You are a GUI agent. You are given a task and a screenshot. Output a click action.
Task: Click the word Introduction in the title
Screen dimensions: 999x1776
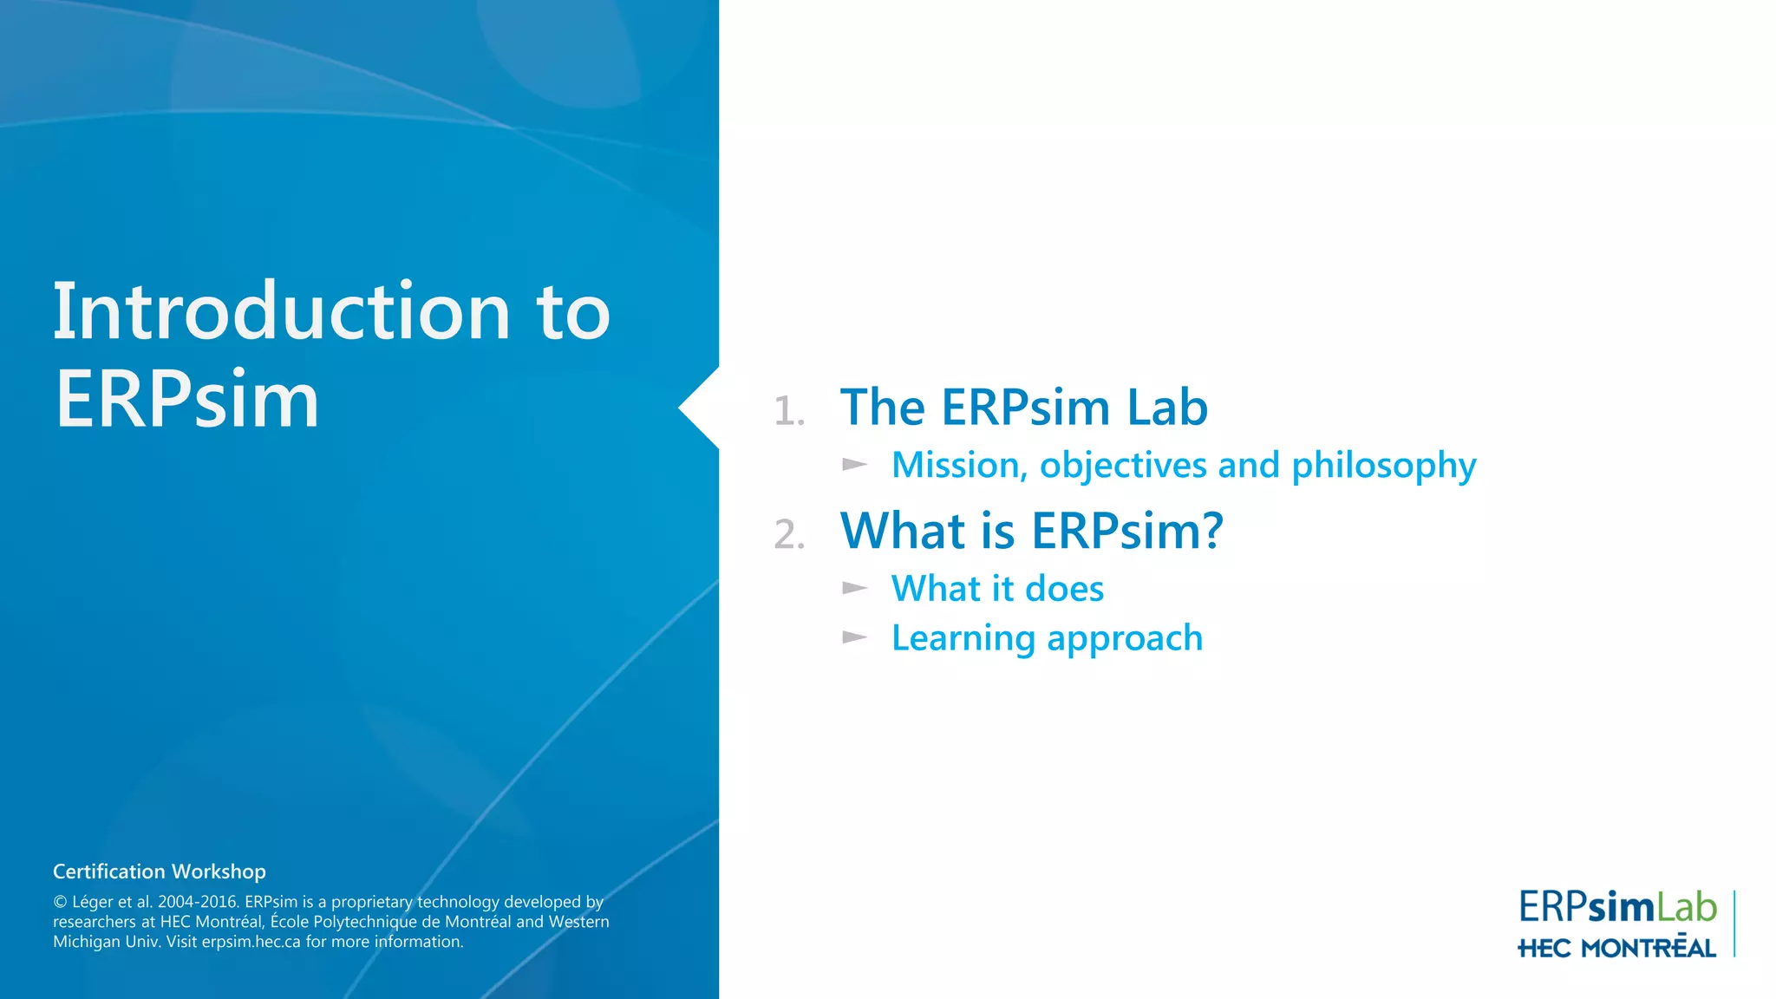pos(281,311)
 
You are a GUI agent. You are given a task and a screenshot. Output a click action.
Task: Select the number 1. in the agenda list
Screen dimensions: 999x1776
pos(789,411)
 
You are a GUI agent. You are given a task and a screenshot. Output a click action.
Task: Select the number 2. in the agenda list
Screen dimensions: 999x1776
pos(789,534)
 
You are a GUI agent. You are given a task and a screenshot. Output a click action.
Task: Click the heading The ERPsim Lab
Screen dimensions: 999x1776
pos(1023,407)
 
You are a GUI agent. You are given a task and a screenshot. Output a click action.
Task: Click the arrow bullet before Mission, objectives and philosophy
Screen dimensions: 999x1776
pos(854,465)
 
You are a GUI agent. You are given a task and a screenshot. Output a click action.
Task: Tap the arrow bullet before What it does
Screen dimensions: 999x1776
pos(854,589)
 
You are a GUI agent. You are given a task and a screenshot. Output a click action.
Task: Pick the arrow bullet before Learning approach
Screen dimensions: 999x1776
pos(854,638)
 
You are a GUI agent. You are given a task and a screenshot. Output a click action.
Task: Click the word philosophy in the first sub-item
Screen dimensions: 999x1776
pos(1383,467)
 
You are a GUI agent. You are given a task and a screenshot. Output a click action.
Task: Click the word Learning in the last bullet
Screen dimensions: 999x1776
pos(963,639)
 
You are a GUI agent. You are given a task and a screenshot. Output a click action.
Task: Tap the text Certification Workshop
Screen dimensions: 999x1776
pos(160,872)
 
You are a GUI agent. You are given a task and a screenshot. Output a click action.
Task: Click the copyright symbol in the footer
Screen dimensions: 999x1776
pos(60,903)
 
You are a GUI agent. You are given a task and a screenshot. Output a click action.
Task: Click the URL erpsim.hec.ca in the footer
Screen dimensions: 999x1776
pos(251,942)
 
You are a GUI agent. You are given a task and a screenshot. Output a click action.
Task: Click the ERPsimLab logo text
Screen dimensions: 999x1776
pos(1616,908)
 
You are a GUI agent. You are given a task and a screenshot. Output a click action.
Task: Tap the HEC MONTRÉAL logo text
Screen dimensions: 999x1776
pos(1616,948)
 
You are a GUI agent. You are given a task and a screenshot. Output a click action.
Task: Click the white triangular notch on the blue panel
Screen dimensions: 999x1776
pos(701,408)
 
